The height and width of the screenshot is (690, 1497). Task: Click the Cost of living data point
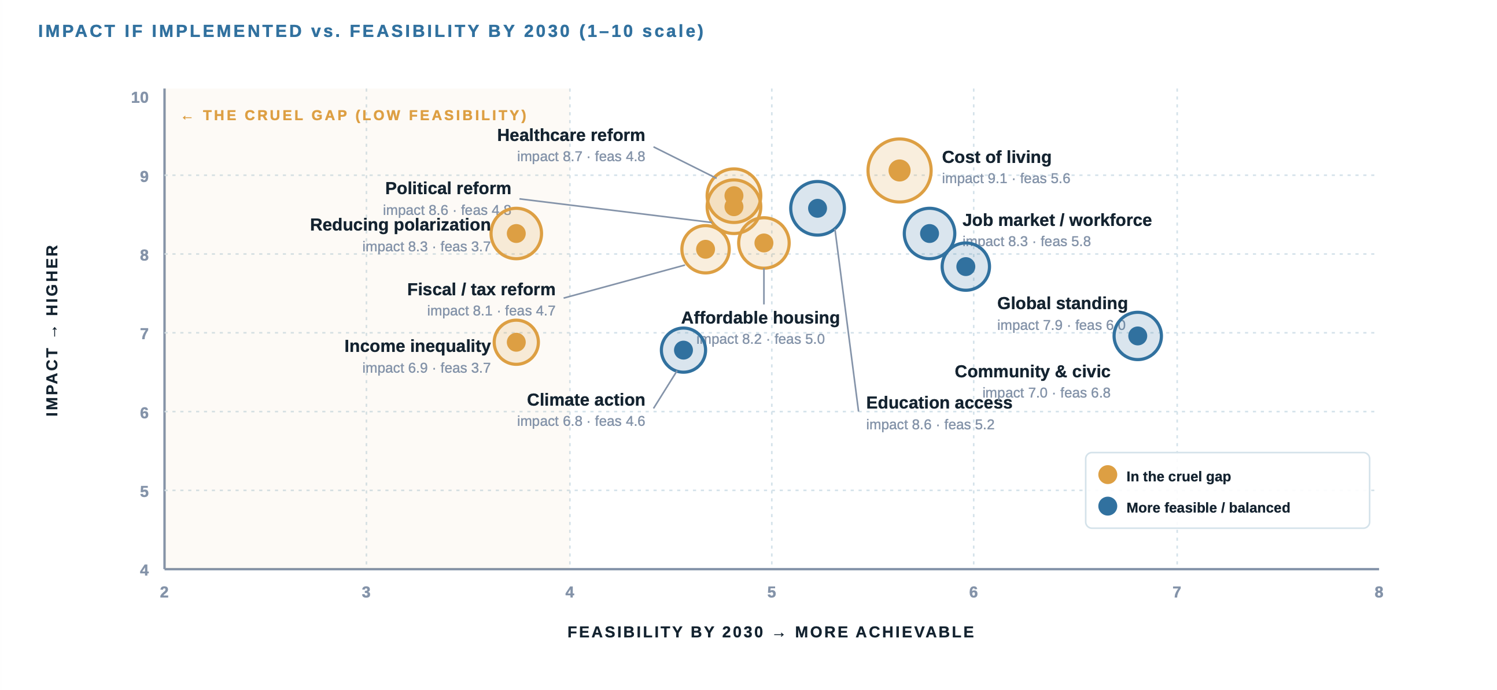(899, 170)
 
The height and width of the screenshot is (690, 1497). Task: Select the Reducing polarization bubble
(516, 233)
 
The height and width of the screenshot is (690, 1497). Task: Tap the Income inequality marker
(516, 342)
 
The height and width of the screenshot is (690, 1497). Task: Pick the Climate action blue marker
(683, 350)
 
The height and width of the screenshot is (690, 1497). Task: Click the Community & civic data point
(1137, 336)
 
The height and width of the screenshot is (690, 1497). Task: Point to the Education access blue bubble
(817, 208)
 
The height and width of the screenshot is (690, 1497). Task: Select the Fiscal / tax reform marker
(705, 249)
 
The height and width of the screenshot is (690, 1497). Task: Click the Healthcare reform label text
(570, 135)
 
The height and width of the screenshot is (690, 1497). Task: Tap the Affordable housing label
(759, 318)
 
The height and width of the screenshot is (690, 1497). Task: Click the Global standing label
(1062, 303)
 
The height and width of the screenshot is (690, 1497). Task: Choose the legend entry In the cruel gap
(1177, 476)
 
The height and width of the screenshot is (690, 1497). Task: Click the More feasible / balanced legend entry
(1207, 507)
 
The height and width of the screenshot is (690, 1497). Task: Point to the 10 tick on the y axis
(139, 97)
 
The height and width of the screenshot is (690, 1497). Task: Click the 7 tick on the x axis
(1176, 592)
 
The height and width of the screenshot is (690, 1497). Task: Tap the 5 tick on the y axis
(143, 491)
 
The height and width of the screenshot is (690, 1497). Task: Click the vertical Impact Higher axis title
(52, 329)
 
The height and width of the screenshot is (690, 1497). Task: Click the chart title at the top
(371, 31)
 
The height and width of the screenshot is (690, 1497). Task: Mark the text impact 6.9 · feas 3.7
(426, 368)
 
